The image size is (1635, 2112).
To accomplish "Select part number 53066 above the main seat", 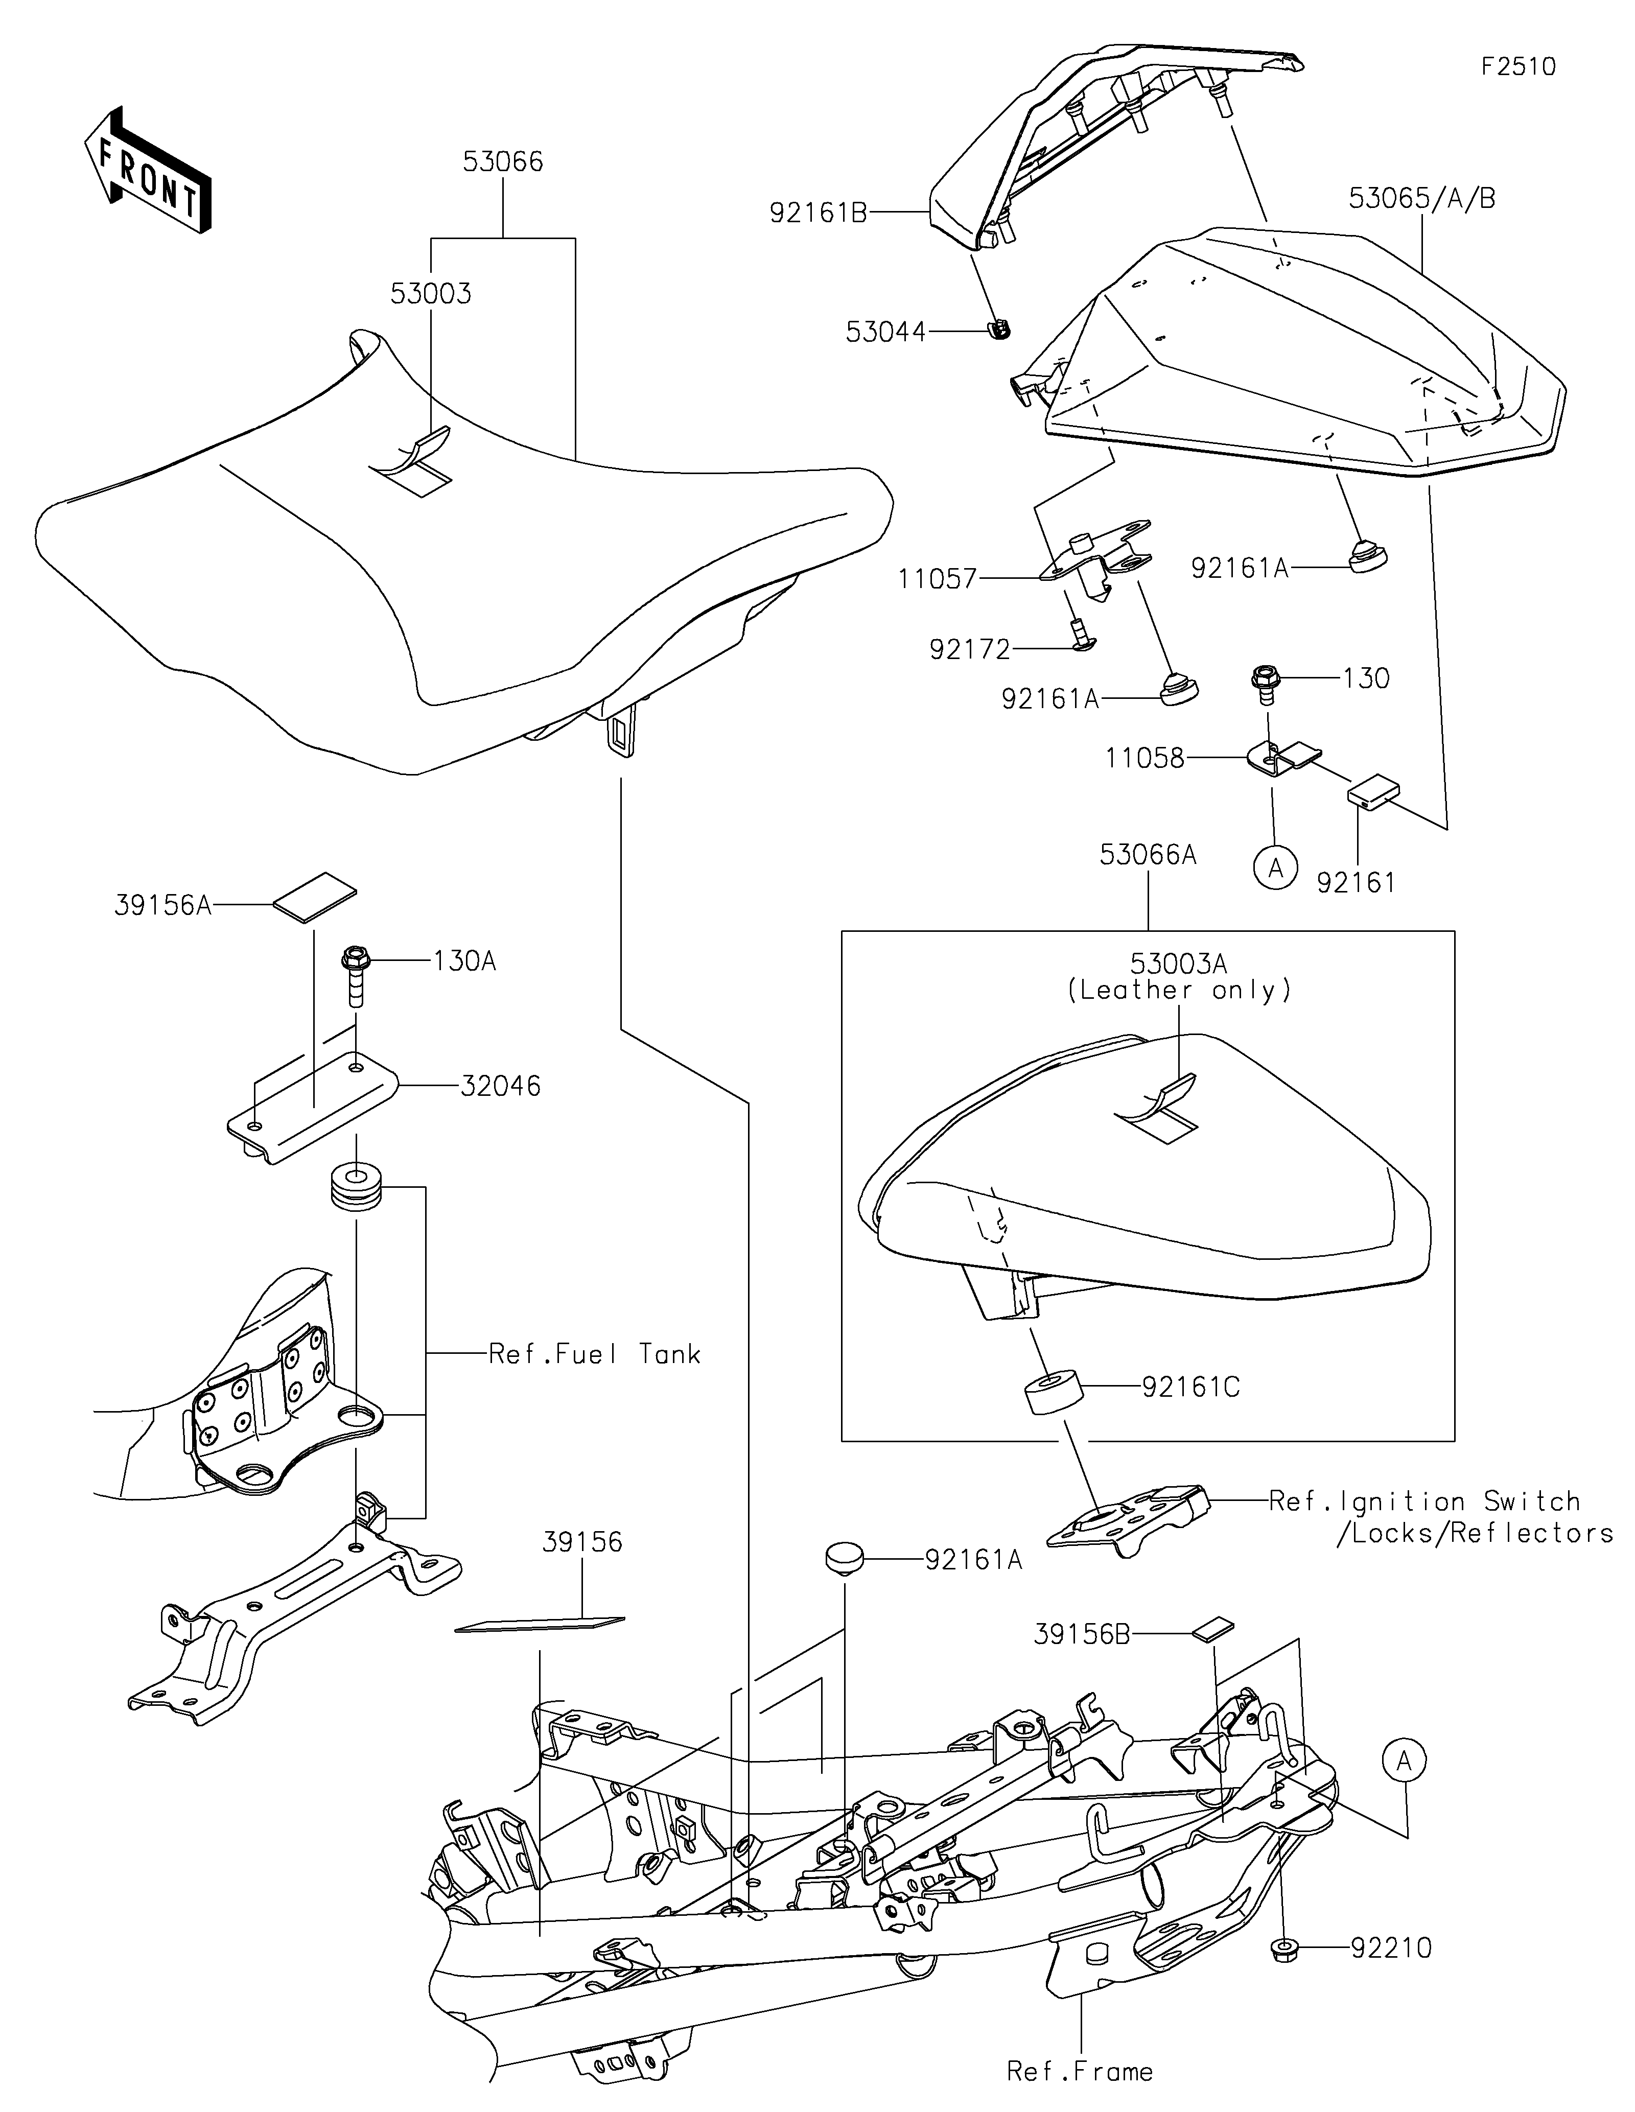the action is click(503, 161).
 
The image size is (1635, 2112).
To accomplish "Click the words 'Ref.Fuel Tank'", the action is click(595, 1354).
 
